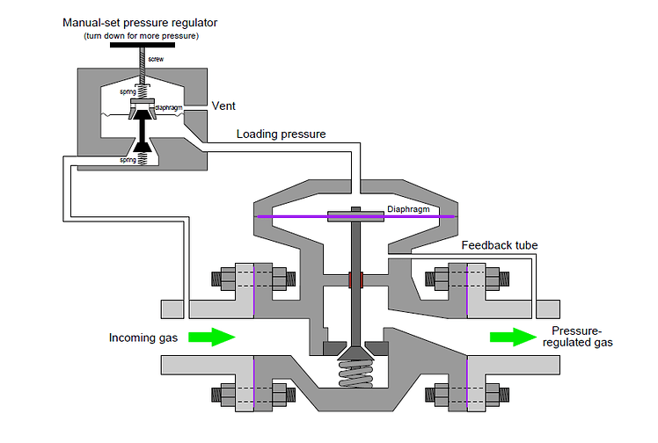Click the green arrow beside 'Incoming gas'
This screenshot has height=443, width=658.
tap(212, 337)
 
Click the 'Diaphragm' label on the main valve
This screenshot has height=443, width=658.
tap(407, 209)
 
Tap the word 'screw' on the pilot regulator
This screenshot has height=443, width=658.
tap(156, 59)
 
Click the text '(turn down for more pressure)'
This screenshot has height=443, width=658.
tap(141, 35)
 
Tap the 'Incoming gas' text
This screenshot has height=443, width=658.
tap(143, 338)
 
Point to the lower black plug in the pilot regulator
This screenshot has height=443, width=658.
tap(141, 141)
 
